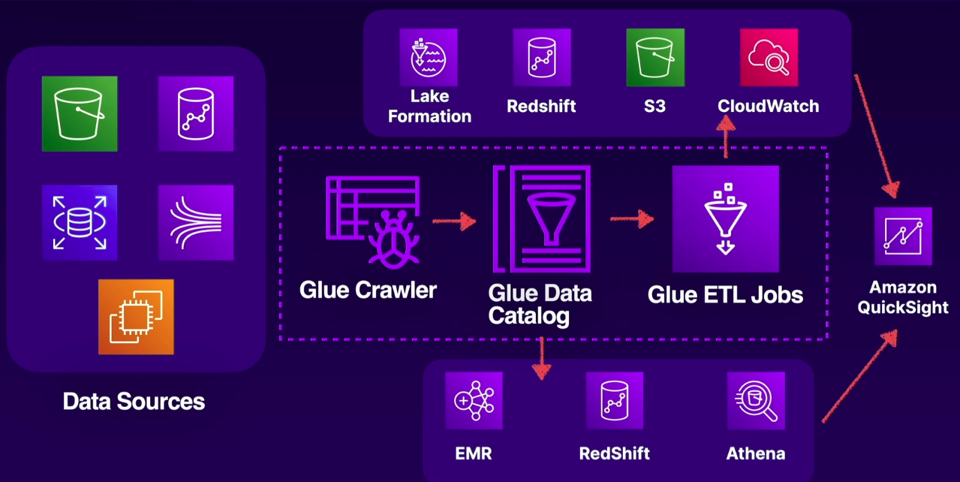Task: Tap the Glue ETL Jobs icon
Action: (x=725, y=218)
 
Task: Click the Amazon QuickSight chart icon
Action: (x=903, y=236)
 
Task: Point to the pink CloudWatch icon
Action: (x=768, y=57)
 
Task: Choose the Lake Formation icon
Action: (x=429, y=57)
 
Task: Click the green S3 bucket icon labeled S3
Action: (x=655, y=57)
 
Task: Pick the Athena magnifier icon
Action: (x=756, y=401)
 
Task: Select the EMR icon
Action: (x=474, y=401)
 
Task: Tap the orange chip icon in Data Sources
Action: (x=136, y=317)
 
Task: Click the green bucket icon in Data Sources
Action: (x=80, y=113)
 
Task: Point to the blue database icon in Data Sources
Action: (x=80, y=222)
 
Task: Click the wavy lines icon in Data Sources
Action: (x=196, y=222)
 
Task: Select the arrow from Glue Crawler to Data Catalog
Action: (x=455, y=221)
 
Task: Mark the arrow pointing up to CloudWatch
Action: (x=726, y=138)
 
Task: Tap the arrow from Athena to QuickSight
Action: (x=860, y=376)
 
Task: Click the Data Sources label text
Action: (x=134, y=401)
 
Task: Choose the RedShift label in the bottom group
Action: (x=614, y=453)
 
